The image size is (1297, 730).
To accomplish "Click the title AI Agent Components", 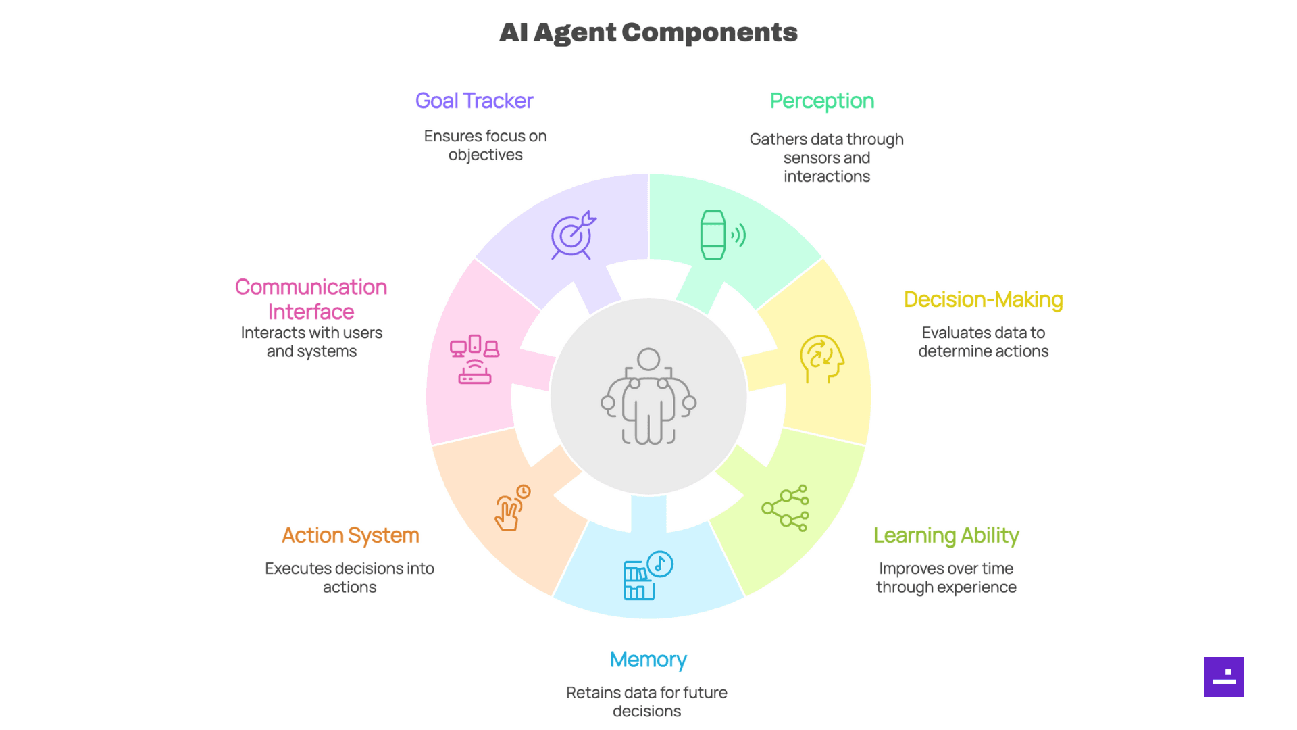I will pos(648,32).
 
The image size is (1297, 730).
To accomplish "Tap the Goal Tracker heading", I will pos(474,101).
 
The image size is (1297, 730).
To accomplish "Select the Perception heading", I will pos(821,101).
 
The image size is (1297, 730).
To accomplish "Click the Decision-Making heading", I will pos(983,299).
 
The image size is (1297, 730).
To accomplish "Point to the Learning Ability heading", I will pos(946,535).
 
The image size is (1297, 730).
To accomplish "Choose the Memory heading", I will pos(648,660).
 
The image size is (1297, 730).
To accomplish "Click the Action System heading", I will pos(350,535).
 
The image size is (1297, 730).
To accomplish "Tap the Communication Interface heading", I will pos(311,299).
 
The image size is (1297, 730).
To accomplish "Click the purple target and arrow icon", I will pos(573,235).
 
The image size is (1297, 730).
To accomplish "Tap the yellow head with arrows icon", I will pos(821,359).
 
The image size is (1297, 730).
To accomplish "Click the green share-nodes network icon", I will pos(785,508).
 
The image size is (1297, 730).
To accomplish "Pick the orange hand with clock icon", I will pos(512,508).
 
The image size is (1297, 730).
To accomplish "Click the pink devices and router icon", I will pos(474,359).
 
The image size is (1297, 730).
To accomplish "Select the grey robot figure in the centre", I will pos(648,397).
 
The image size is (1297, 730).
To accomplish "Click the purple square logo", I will pos(1223,677).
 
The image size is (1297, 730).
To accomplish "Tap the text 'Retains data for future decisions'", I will pos(646,702).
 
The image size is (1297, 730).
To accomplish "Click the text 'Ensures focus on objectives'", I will pos(485,145).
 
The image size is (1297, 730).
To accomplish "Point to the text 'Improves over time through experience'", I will pos(946,578).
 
